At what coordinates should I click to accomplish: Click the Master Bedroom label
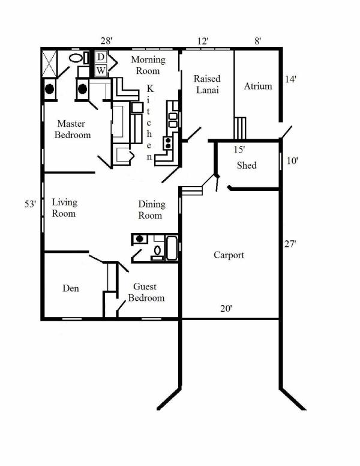[73, 129]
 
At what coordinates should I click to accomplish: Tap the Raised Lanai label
[208, 84]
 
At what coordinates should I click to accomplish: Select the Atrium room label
[258, 86]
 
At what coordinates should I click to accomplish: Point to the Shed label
[247, 165]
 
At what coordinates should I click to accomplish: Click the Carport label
[229, 255]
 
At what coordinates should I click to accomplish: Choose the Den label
[71, 288]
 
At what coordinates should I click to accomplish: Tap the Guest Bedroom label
[146, 292]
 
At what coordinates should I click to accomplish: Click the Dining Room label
[151, 210]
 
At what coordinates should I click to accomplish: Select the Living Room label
[64, 208]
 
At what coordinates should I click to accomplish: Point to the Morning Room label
[148, 65]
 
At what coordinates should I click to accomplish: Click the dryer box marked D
[101, 57]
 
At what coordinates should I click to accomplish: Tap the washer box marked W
[101, 70]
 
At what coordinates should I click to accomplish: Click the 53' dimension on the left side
[30, 204]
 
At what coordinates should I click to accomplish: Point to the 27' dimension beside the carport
[290, 244]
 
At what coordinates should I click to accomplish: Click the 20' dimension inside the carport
[226, 309]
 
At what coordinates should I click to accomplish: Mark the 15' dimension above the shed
[239, 150]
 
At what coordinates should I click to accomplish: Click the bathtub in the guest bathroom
[172, 248]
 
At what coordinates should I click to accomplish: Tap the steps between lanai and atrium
[240, 128]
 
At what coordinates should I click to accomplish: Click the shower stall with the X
[49, 64]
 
